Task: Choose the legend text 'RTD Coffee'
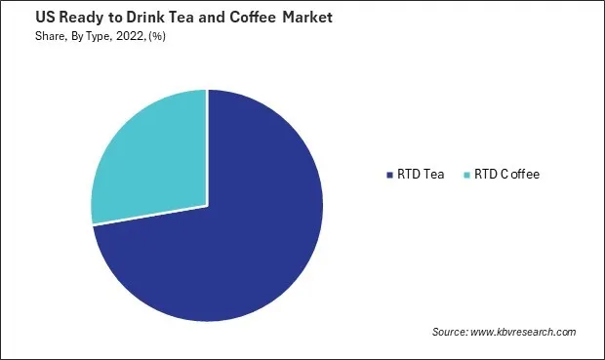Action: pos(506,175)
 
